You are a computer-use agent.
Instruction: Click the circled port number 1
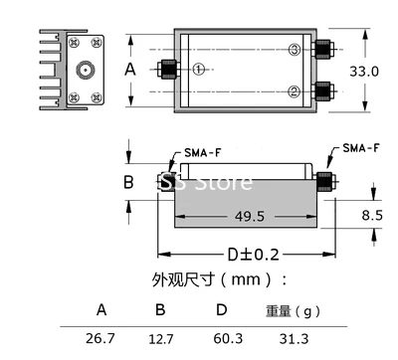[x=199, y=70]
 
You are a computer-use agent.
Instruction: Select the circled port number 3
[x=295, y=50]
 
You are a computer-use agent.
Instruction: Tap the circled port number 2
[x=295, y=91]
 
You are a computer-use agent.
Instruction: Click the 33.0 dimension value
[x=364, y=72]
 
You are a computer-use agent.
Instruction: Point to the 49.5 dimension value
[x=250, y=217]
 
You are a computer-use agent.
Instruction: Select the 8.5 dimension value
[x=372, y=215]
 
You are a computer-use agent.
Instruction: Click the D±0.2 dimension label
[x=254, y=255]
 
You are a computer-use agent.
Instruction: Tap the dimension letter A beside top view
[x=130, y=70]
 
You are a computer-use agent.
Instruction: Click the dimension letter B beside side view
[x=128, y=182]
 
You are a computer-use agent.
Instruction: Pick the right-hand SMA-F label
[x=361, y=148]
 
